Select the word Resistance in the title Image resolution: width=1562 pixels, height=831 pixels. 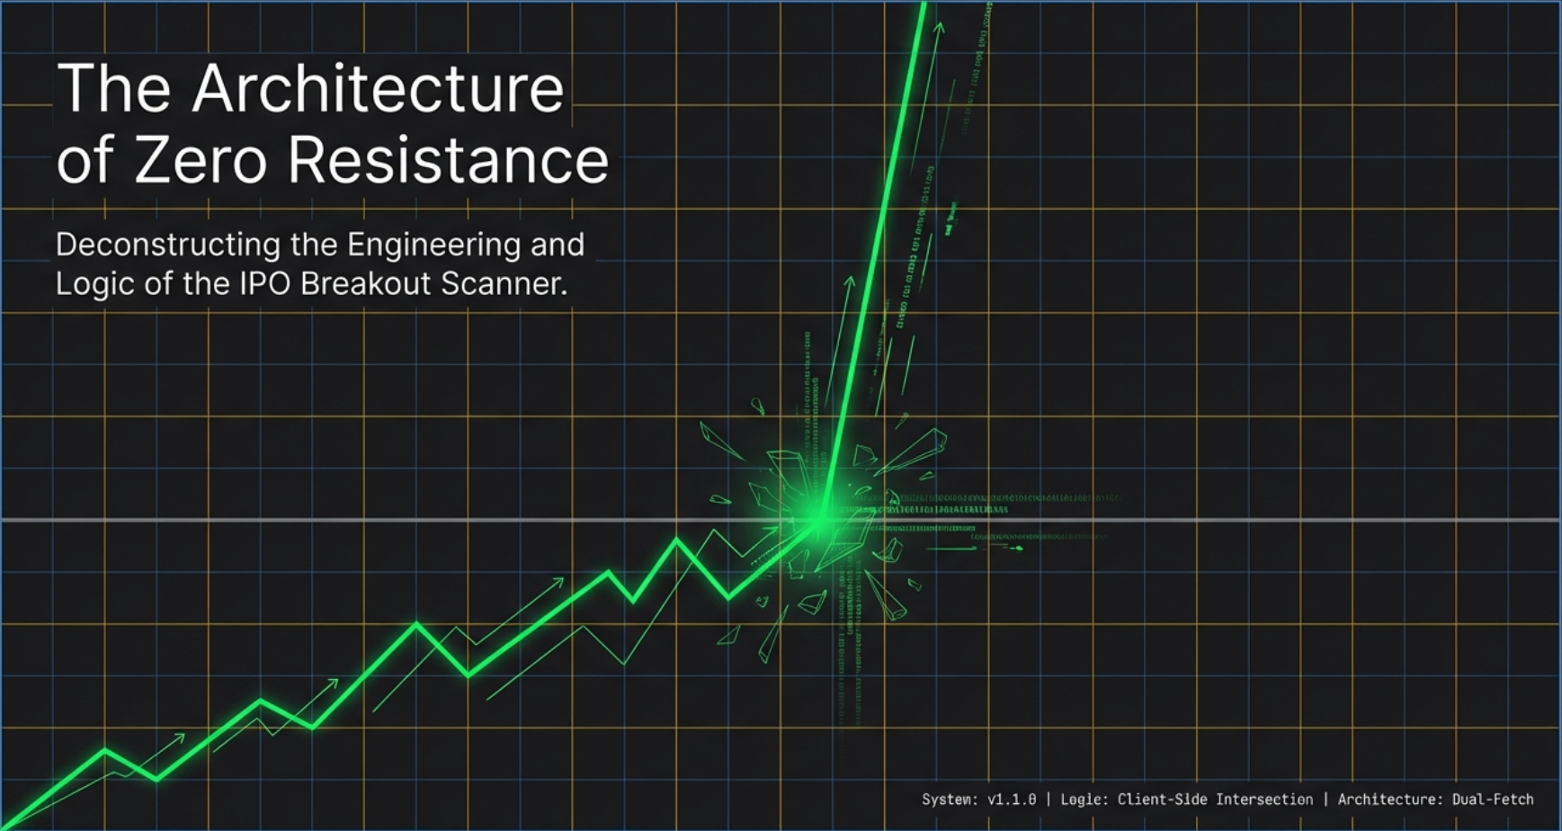(448, 160)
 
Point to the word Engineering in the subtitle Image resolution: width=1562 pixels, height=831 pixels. (433, 245)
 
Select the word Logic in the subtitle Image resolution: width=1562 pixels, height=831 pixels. (87, 284)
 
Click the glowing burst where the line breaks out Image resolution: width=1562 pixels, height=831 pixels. (820, 518)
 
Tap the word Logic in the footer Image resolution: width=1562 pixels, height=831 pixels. (1082, 800)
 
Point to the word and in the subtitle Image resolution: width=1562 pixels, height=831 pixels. (557, 245)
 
